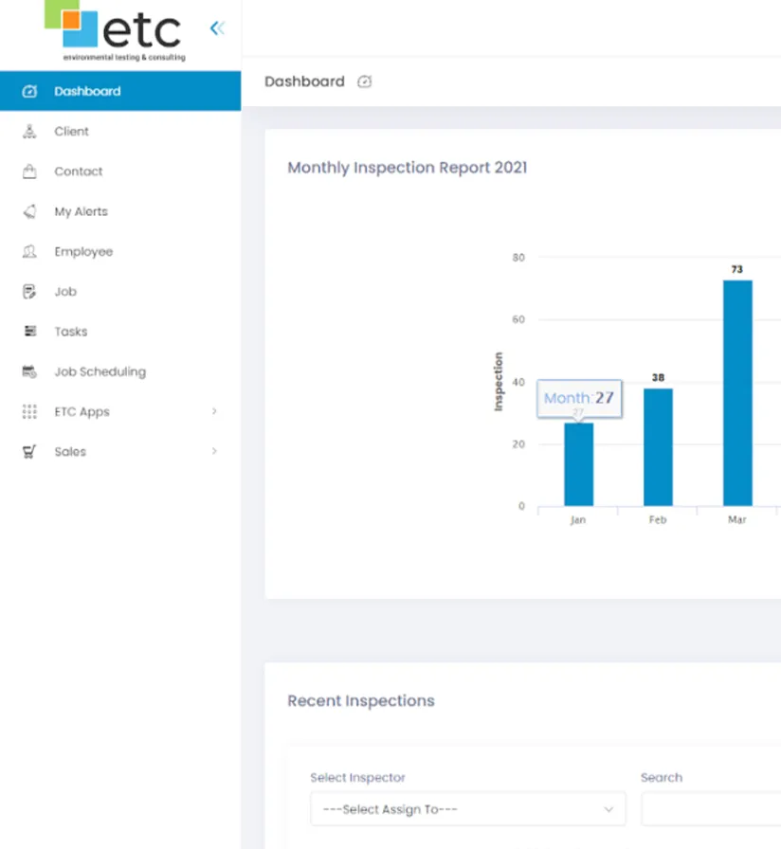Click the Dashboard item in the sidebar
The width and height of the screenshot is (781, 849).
(87, 92)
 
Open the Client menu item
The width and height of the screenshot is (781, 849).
(71, 132)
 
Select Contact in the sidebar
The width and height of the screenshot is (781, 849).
(78, 172)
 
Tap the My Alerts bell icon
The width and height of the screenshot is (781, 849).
(29, 211)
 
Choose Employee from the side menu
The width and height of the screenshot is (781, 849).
(83, 252)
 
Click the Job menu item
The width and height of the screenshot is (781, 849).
(65, 292)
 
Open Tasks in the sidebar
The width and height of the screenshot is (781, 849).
(70, 332)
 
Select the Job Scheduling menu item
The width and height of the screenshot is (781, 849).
(100, 371)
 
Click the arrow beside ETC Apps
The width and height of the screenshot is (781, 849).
(214, 411)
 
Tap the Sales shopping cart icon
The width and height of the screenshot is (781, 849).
(29, 452)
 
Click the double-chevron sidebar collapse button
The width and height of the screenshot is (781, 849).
(217, 28)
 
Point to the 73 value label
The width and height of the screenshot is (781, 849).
(737, 270)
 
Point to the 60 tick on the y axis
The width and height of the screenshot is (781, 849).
(518, 320)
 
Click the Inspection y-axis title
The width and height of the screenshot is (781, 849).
(499, 381)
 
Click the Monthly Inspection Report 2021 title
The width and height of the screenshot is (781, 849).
(408, 168)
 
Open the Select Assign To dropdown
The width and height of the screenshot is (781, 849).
(467, 809)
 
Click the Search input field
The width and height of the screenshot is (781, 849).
(711, 809)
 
